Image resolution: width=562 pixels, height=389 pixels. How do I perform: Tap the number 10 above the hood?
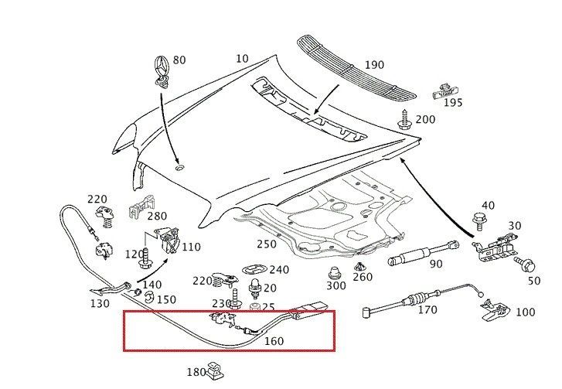coord(243,59)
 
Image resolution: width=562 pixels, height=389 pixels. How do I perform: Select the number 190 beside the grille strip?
coord(374,65)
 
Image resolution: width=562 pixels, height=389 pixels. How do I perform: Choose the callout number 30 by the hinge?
coord(515,226)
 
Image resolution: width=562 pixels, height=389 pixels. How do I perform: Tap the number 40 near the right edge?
coord(487,205)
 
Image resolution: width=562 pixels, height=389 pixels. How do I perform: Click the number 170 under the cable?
coord(427,311)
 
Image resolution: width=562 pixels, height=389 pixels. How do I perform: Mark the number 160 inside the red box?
coord(273,340)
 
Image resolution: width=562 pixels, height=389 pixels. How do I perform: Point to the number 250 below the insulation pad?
coord(266,244)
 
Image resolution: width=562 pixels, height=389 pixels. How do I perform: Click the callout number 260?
coord(362,278)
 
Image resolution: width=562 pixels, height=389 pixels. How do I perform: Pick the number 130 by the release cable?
coord(100,303)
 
